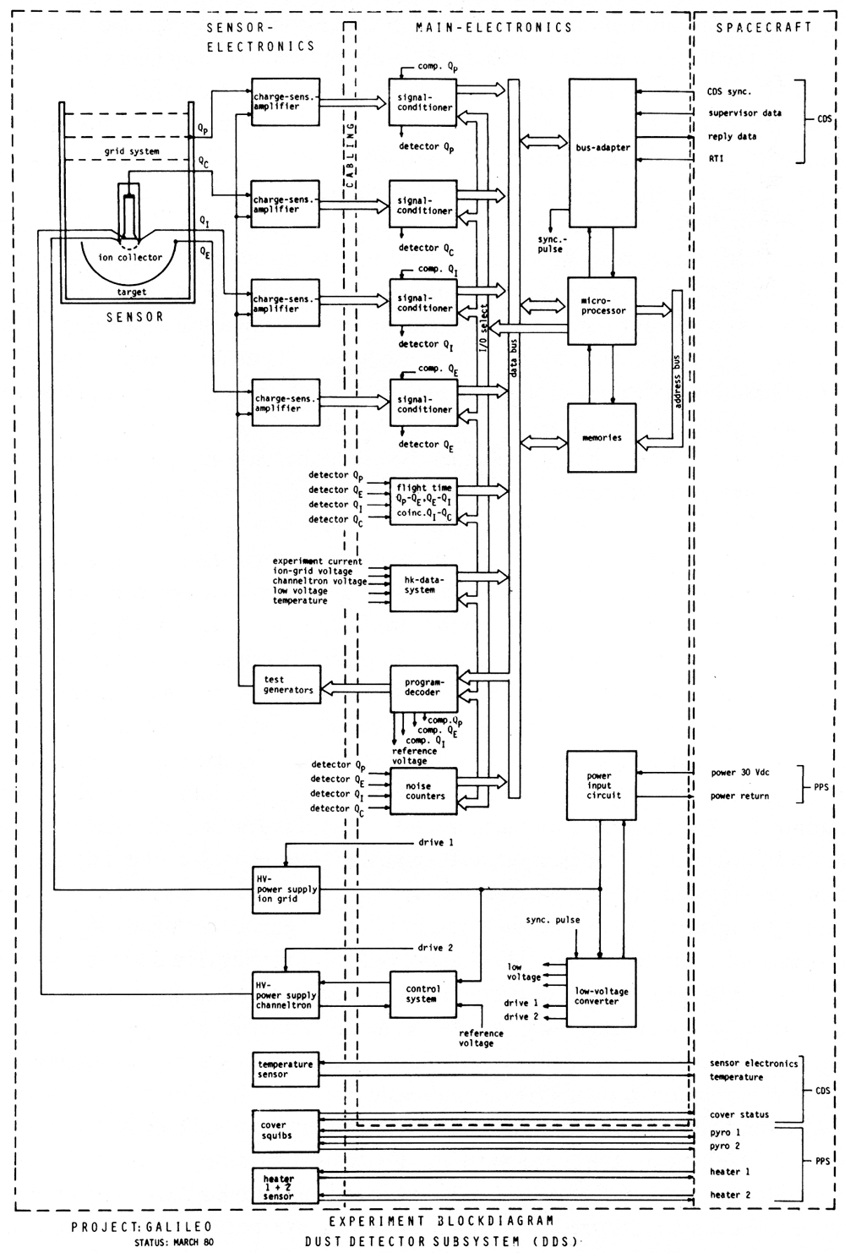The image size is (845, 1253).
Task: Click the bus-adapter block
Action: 602,152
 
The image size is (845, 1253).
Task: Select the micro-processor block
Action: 602,309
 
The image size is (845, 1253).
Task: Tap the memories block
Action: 602,438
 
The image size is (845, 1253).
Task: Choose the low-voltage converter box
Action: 601,992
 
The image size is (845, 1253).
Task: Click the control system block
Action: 422,994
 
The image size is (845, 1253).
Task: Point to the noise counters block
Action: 422,791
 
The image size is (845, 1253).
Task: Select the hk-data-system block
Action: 422,585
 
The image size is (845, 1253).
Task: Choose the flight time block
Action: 422,501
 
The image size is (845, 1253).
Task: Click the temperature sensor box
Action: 286,1070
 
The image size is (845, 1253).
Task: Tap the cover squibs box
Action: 286,1130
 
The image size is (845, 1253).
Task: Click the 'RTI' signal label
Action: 716,158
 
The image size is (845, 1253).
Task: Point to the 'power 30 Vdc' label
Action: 739,773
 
